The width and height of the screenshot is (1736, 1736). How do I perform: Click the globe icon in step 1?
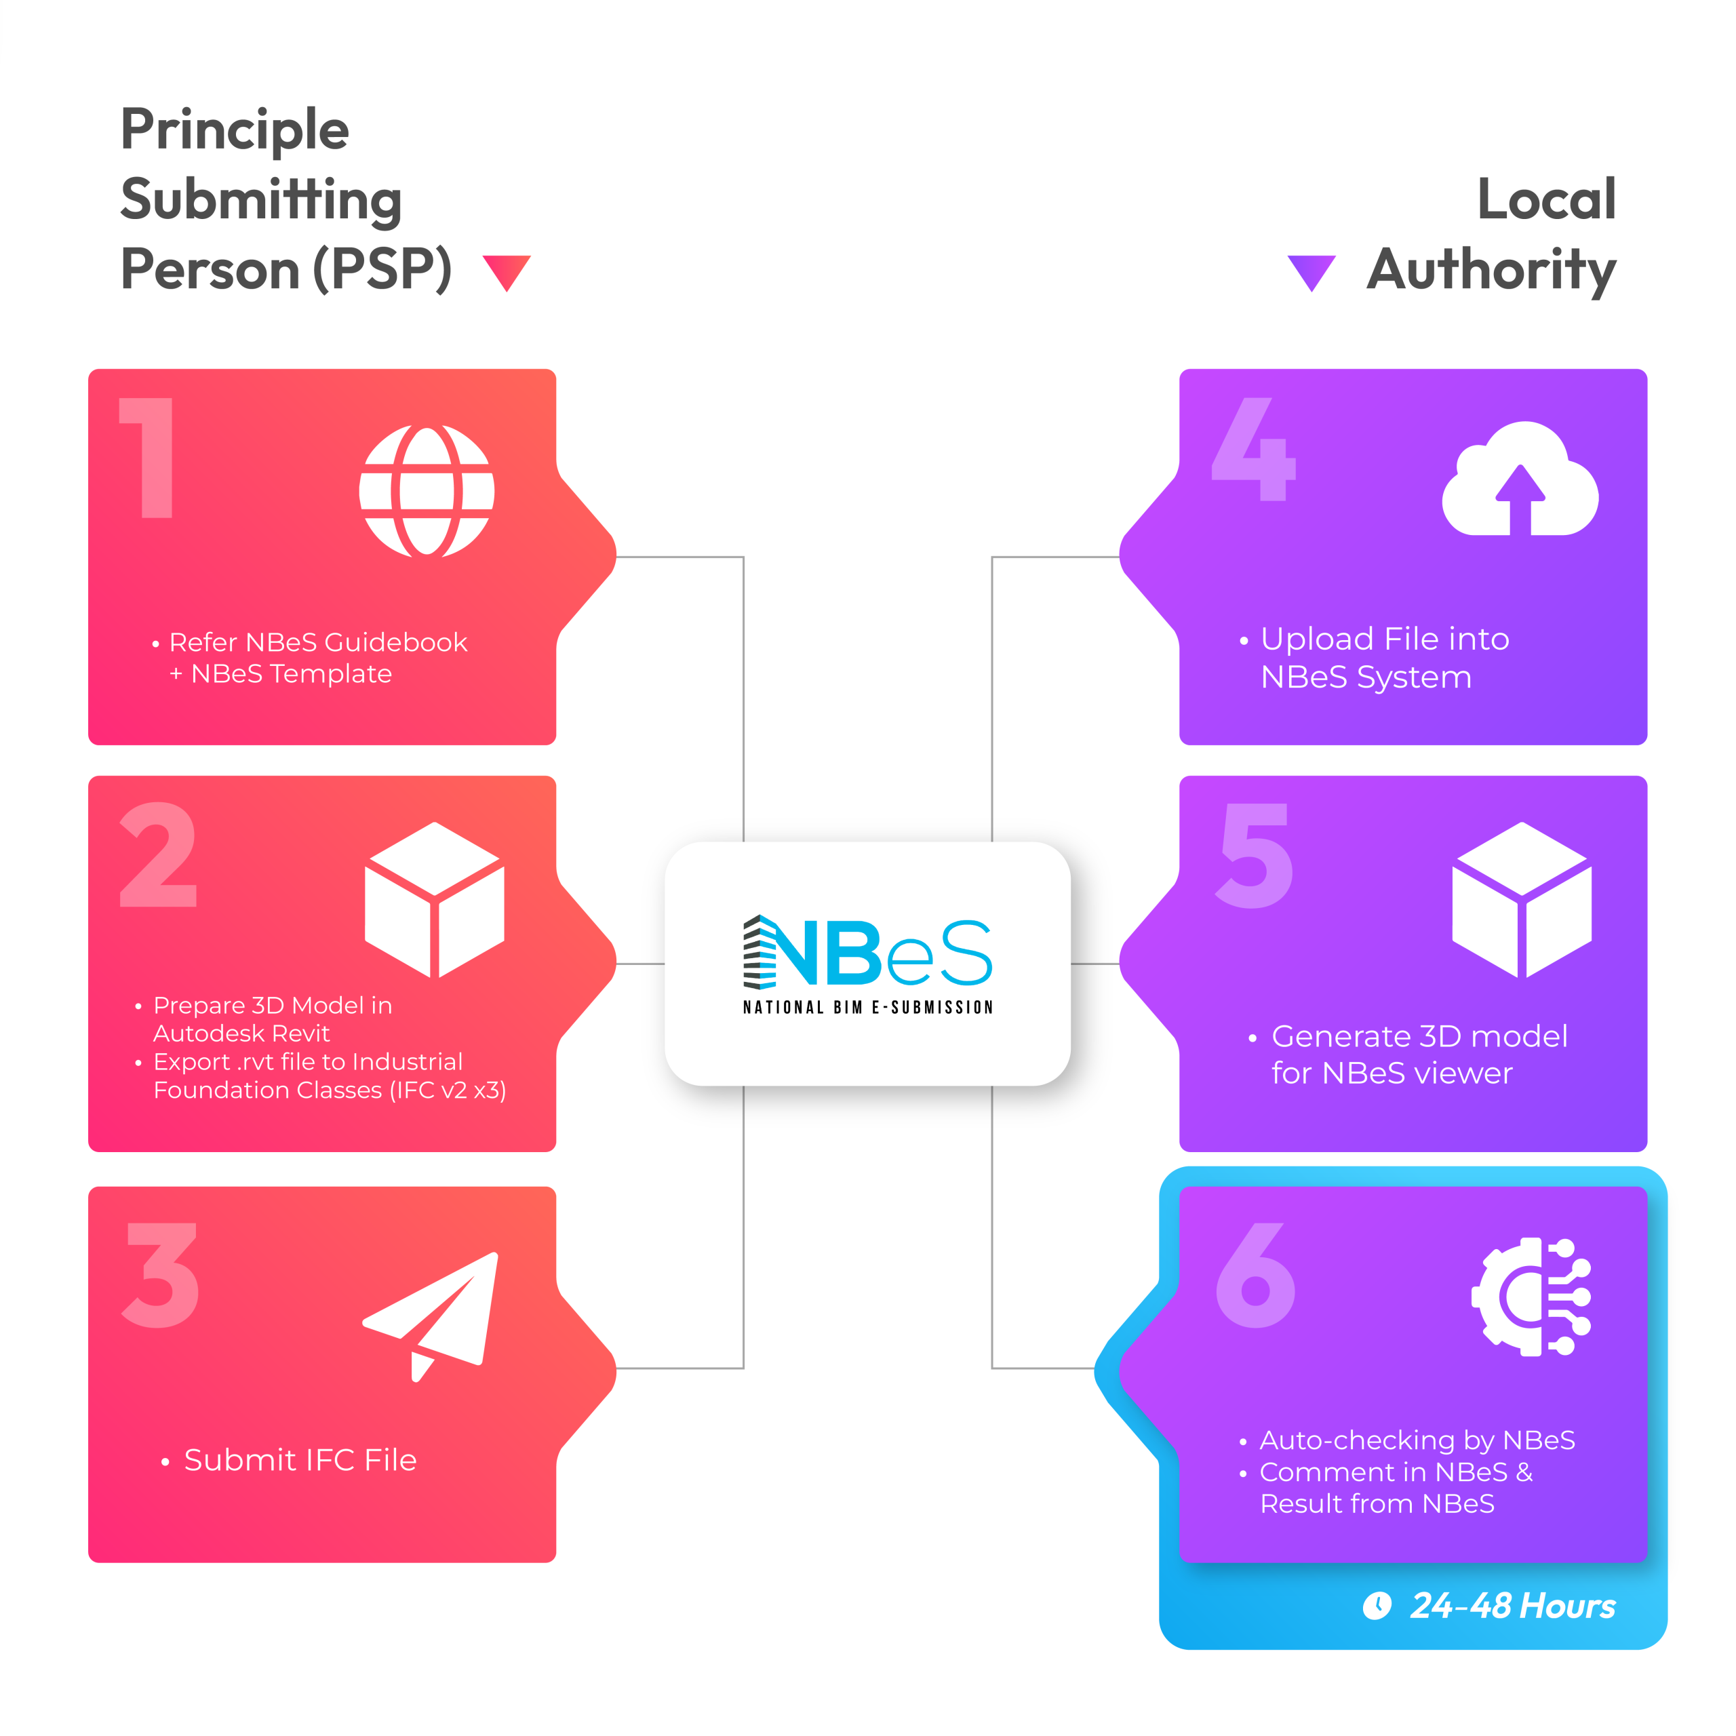[x=427, y=490]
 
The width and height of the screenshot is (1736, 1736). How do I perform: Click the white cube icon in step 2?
[x=435, y=899]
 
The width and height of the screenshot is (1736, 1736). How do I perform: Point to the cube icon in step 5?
[x=1522, y=899]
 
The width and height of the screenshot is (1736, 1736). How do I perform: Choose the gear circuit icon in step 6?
[x=1531, y=1297]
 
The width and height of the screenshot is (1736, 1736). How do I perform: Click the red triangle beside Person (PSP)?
[x=507, y=272]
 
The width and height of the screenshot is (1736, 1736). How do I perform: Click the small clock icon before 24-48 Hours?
[x=1377, y=1605]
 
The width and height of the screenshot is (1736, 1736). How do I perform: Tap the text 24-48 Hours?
[x=1513, y=1606]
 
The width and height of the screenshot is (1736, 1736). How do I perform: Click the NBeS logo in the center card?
[x=867, y=953]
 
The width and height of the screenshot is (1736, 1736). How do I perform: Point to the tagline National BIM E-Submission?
[x=868, y=1007]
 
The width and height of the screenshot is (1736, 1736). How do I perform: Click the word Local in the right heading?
[x=1546, y=199]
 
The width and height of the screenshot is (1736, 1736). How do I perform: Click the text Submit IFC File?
[x=300, y=1460]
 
